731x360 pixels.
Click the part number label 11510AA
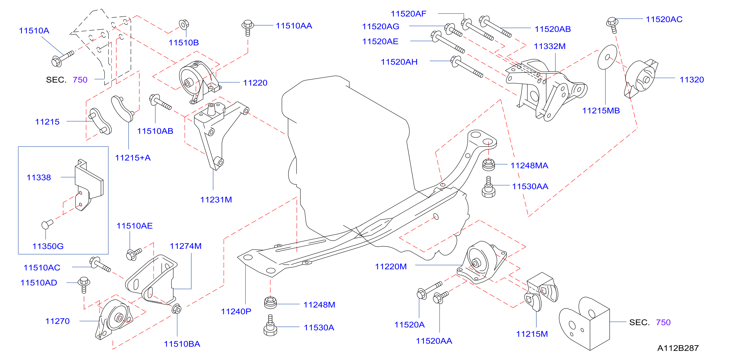(294, 26)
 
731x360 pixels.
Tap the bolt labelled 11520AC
(612, 25)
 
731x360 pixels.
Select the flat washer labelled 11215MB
(607, 57)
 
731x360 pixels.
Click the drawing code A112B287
(678, 348)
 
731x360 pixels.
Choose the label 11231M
(216, 200)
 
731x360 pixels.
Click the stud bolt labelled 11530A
(270, 325)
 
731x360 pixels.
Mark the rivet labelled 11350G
(47, 224)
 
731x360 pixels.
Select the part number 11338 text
(39, 178)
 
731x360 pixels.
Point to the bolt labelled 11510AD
(84, 285)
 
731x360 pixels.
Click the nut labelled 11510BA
(176, 309)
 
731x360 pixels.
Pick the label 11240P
(236, 311)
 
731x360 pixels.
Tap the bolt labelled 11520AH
(467, 66)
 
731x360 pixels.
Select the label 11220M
(391, 267)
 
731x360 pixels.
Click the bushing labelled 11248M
(270, 303)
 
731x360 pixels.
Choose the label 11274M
(186, 246)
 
